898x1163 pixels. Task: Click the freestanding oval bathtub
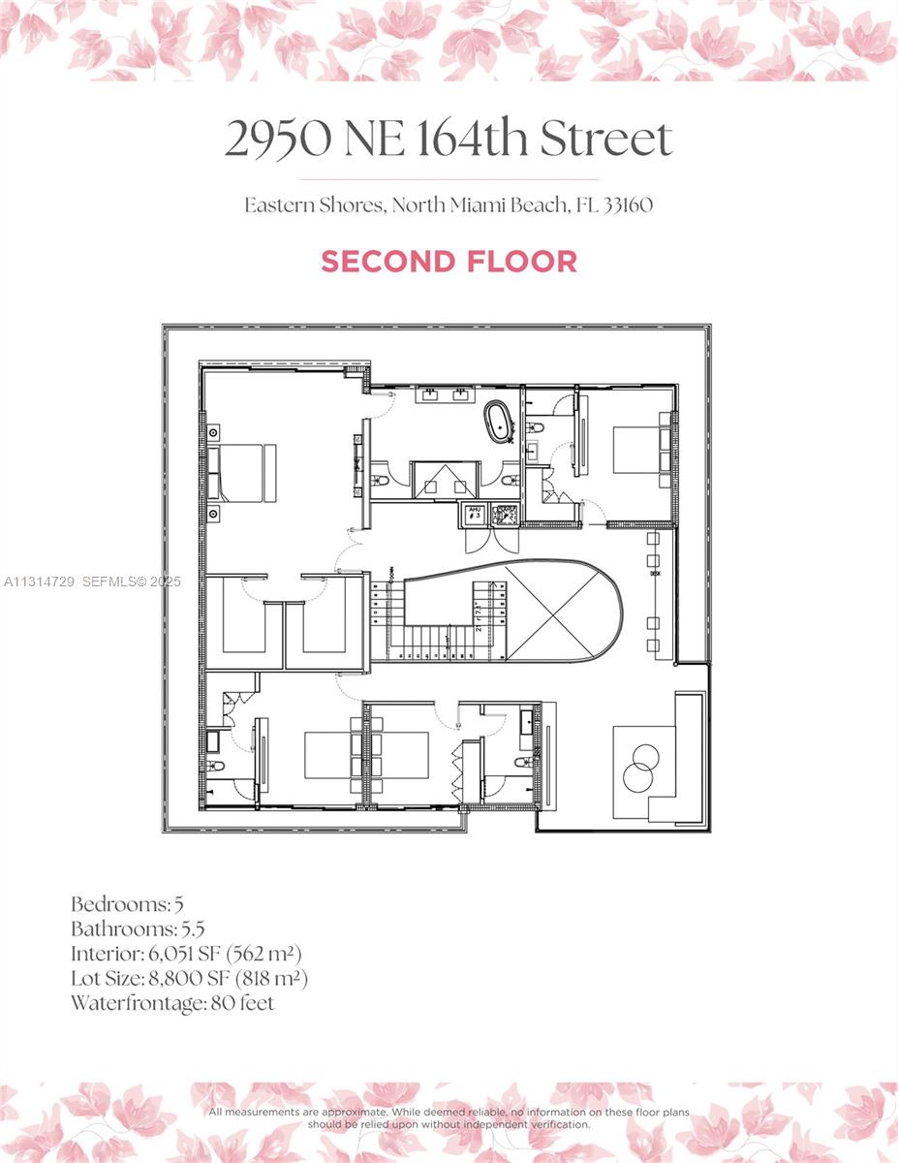click(x=500, y=422)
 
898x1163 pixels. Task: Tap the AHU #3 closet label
click(x=474, y=513)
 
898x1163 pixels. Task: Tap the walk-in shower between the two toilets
click(x=444, y=479)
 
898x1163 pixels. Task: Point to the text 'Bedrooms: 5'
click(x=127, y=904)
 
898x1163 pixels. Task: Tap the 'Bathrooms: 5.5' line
click(x=137, y=928)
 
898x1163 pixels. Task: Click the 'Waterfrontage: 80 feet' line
click(x=171, y=1003)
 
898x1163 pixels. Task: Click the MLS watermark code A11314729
click(x=40, y=582)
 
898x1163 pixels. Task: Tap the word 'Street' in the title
click(x=605, y=140)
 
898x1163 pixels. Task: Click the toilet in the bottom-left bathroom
click(x=216, y=766)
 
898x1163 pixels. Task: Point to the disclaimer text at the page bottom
click(x=449, y=1118)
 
